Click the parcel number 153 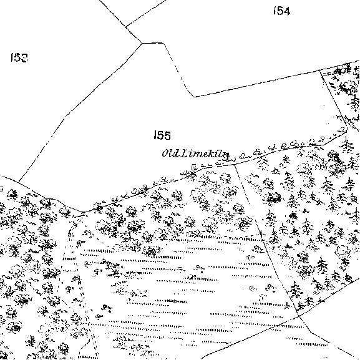(19, 57)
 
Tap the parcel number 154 (282, 11)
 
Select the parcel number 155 (162, 135)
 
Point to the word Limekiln (205, 154)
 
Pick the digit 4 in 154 (286, 11)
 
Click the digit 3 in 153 (24, 57)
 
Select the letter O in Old (165, 153)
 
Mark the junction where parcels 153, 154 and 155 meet (142, 43)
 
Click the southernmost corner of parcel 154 (194, 97)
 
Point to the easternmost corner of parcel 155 (347, 129)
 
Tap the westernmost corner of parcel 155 (19, 181)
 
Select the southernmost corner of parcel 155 (84, 212)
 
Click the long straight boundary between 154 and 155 (257, 84)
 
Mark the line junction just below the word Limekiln (233, 164)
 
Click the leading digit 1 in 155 (155, 135)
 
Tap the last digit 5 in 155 (167, 135)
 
